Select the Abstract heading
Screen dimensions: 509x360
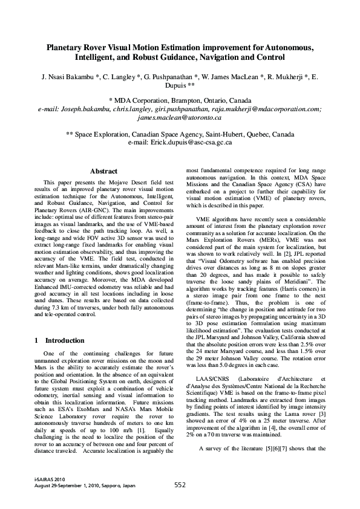[103, 172]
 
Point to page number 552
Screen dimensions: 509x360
[180, 485]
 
